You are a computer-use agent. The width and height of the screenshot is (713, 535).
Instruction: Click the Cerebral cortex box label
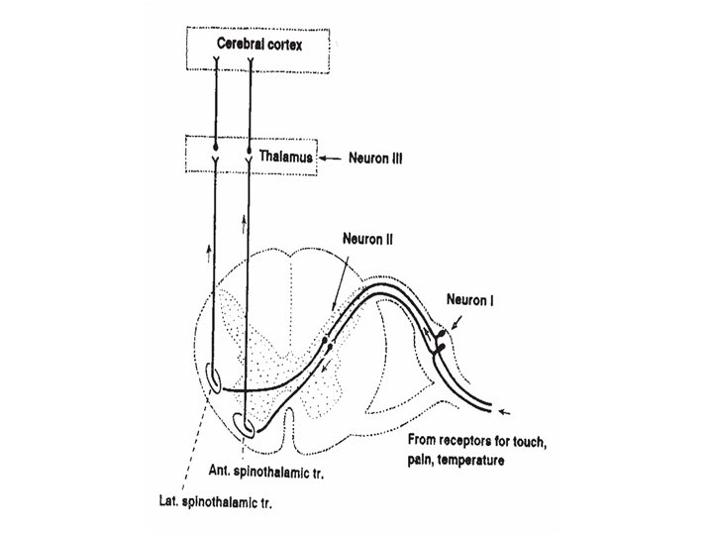[256, 46]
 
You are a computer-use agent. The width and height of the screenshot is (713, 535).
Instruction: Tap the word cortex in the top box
[283, 46]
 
